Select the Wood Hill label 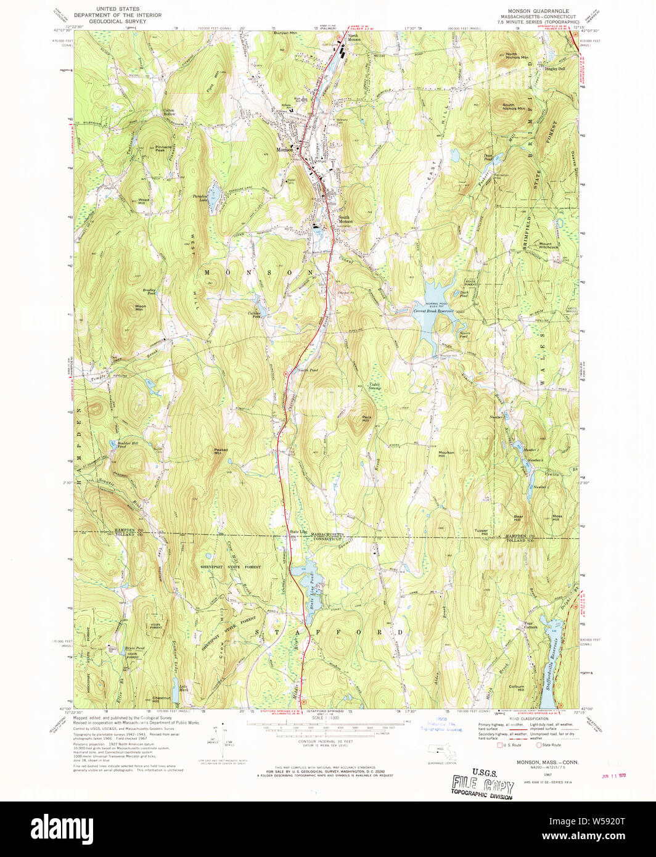(144, 201)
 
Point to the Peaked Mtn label (221, 451)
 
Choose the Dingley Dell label (554, 69)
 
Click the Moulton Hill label (446, 454)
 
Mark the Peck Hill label (366, 419)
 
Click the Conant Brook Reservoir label (433, 311)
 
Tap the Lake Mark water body (176, 692)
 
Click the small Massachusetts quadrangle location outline (439, 750)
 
